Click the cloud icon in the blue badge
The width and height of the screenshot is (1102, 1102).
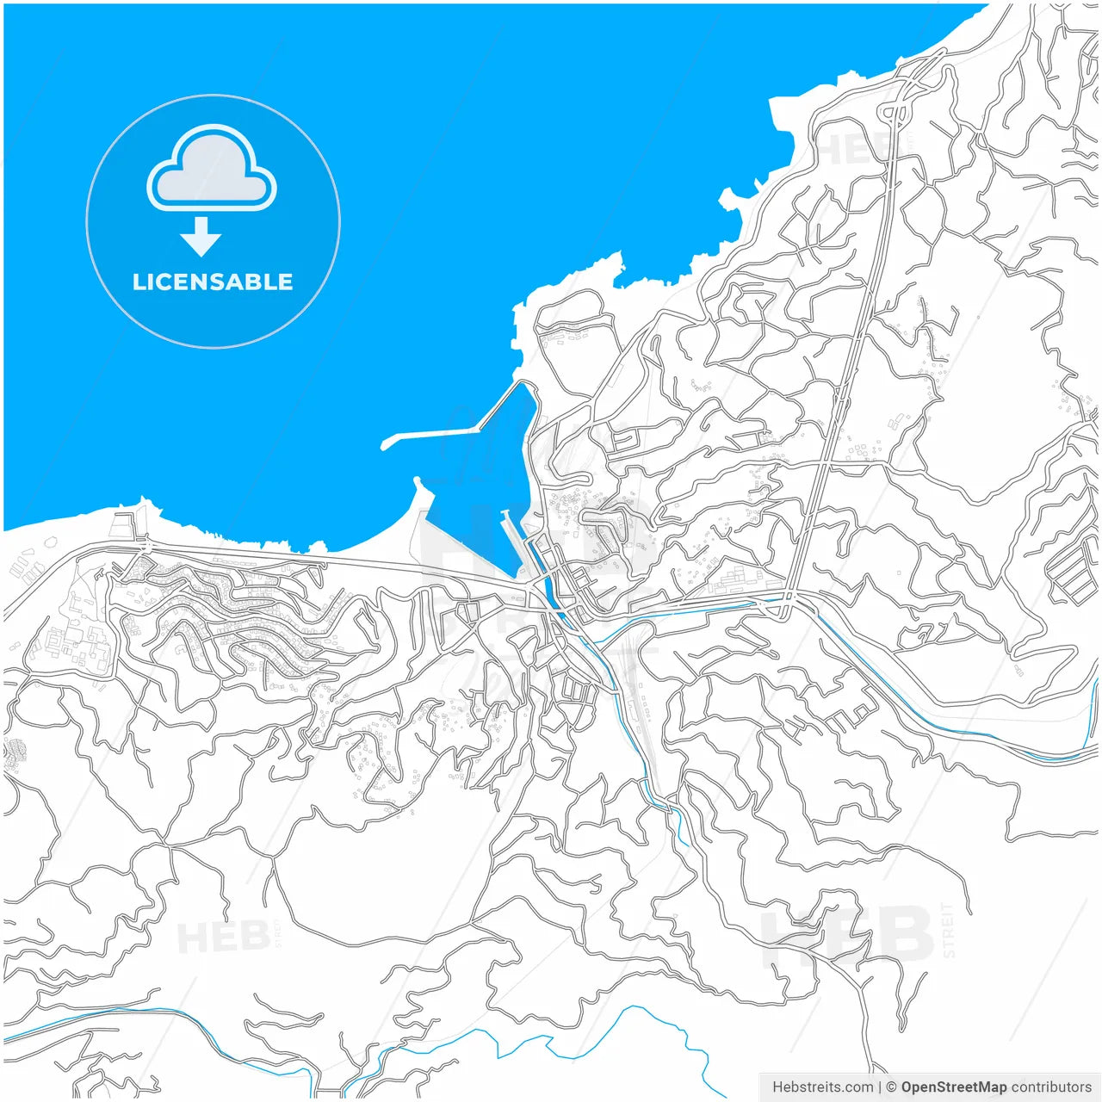coord(212,169)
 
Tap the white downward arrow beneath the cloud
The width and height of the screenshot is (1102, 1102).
coord(201,238)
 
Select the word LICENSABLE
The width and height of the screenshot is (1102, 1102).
coord(213,282)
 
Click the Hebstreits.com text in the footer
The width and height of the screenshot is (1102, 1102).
coord(822,1087)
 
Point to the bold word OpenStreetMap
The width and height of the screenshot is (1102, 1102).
coord(953,1087)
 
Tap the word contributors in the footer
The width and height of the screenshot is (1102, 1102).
coord(1050,1087)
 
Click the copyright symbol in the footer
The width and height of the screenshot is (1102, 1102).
coord(892,1087)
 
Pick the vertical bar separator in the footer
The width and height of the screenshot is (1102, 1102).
coord(880,1087)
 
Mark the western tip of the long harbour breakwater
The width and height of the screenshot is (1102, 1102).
coord(385,445)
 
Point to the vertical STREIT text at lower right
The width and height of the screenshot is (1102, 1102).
coord(948,930)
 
